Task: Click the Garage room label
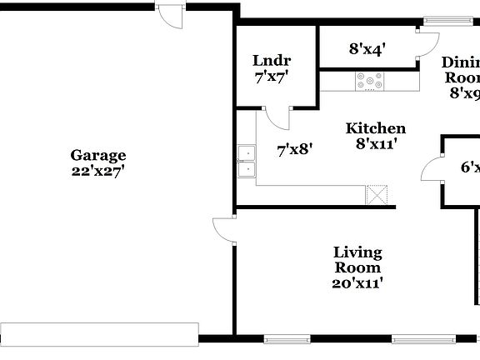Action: pos(97,155)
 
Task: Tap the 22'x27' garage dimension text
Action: pos(97,172)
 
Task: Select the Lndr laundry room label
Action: pos(271,60)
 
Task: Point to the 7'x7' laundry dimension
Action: pos(271,76)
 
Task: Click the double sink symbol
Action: pos(247,161)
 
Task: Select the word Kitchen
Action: pos(376,128)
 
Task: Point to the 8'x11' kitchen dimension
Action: pos(376,143)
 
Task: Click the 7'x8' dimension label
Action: pos(294,150)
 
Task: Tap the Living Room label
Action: pos(357,259)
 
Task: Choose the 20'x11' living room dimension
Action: pos(357,282)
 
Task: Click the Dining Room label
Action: pos(461,69)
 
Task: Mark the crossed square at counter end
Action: pos(377,195)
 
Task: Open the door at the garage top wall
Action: pos(170,16)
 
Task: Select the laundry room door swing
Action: pos(278,118)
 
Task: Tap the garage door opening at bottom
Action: pos(99,332)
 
